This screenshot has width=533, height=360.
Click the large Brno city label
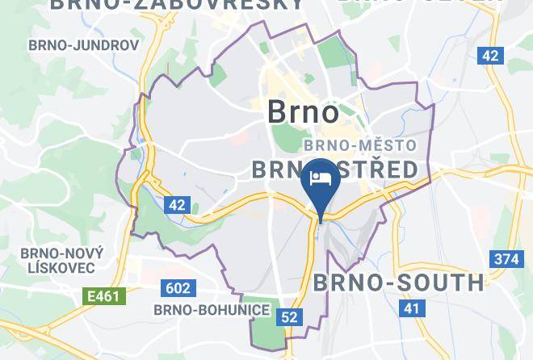tap(304, 112)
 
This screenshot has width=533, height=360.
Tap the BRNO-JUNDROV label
tap(83, 45)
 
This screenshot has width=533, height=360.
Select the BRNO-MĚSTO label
tap(359, 146)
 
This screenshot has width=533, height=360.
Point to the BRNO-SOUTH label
tap(397, 283)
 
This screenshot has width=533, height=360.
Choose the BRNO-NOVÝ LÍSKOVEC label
tap(60, 259)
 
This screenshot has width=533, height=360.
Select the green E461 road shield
tap(104, 296)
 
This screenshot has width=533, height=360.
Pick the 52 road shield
tap(289, 317)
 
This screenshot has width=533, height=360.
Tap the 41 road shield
tap(412, 308)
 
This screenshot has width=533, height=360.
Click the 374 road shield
tap(504, 259)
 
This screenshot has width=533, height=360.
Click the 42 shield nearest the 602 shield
tap(177, 205)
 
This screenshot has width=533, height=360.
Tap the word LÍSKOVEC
tap(60, 267)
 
